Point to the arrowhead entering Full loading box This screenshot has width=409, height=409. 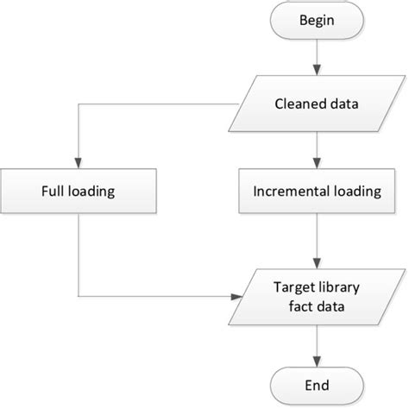(x=79, y=163)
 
